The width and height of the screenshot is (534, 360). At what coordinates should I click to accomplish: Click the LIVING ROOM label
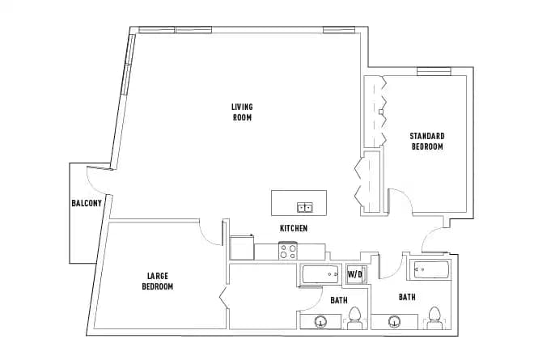coord(242,112)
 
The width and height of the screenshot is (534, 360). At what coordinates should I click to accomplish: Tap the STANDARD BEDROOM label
coord(427,141)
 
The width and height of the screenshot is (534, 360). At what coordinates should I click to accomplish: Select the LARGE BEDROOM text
coord(158,281)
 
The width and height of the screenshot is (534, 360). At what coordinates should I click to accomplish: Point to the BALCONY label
coord(87,203)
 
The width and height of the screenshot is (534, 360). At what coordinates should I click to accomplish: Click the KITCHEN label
coord(293,229)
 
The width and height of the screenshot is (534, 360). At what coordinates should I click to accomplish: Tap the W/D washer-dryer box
coord(356,274)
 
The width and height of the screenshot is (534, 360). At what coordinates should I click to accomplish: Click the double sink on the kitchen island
coord(305,208)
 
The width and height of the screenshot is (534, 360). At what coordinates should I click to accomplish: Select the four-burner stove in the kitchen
coord(289,251)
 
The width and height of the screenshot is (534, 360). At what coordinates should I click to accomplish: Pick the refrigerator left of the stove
coord(242,247)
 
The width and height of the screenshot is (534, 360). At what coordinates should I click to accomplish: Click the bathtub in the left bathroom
coord(323,275)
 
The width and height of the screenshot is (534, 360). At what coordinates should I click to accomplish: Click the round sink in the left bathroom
coord(321,323)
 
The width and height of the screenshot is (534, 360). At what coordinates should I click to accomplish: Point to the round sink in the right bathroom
coord(395,323)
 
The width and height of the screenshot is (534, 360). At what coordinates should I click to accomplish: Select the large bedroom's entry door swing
coord(212,233)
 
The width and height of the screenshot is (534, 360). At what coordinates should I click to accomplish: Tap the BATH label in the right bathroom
coord(407,298)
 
